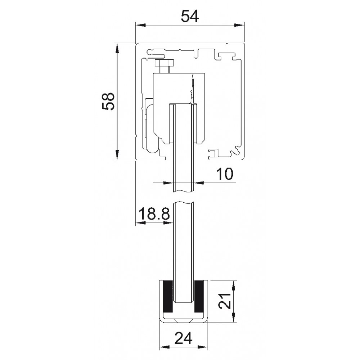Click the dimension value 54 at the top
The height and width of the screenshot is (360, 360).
(x=190, y=17)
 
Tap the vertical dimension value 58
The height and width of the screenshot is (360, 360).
(x=108, y=101)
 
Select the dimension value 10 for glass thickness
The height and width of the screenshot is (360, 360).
(x=225, y=174)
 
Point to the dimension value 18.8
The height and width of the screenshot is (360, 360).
(x=154, y=213)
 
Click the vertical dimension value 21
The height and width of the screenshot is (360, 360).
(x=224, y=301)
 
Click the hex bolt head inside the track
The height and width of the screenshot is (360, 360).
(x=165, y=62)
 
